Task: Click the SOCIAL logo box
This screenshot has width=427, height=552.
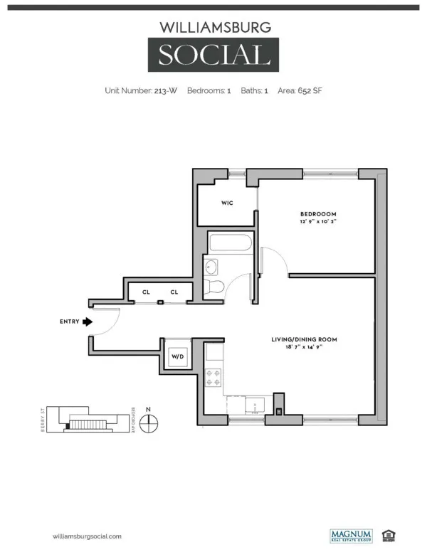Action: point(213,55)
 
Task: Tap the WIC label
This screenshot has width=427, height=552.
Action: point(227,203)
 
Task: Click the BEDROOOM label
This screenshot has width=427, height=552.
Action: point(317,214)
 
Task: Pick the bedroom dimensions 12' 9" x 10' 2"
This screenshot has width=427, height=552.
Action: point(317,223)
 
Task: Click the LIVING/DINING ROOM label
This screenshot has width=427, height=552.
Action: point(304,340)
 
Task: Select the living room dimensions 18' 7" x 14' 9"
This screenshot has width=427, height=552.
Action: point(304,349)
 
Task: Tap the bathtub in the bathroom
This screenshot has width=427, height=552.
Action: point(231,243)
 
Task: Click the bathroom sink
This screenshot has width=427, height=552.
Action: point(212,267)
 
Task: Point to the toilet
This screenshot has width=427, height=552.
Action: point(214,287)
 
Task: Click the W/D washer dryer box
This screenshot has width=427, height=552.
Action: point(177,357)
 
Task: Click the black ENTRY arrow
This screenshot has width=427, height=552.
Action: point(88,322)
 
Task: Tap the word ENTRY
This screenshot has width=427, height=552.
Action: point(69,322)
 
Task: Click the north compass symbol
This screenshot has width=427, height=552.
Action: point(148,424)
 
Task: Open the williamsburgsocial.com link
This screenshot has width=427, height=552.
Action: point(88,536)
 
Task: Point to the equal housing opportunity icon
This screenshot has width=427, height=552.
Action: point(389,535)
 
